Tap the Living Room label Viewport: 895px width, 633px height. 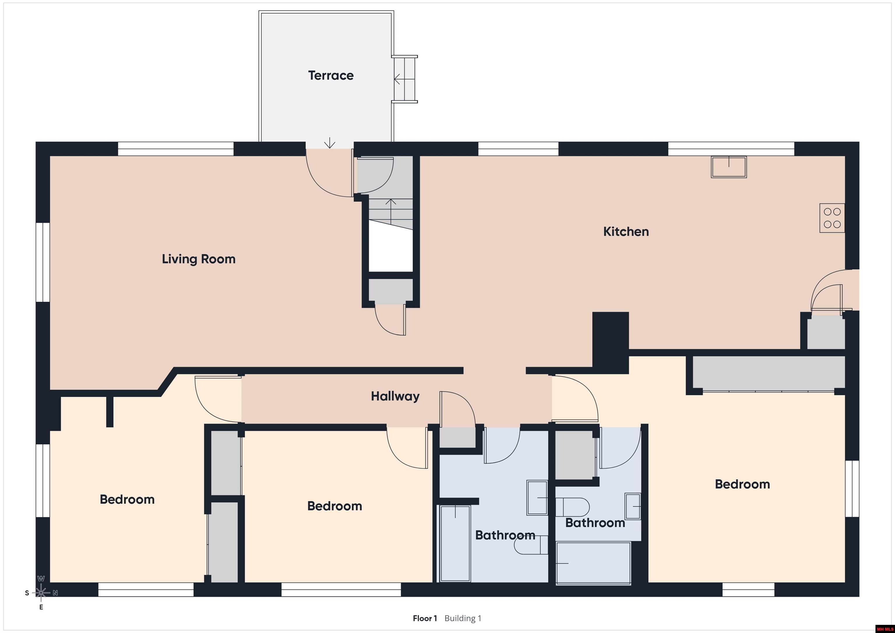(x=199, y=259)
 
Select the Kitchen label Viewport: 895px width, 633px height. (x=626, y=232)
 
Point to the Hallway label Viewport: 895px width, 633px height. (x=395, y=396)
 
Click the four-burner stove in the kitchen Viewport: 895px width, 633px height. (x=832, y=218)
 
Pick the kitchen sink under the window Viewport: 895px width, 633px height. (x=729, y=167)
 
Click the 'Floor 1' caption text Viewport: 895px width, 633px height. (x=425, y=618)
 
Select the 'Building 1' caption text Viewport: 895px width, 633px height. (x=463, y=618)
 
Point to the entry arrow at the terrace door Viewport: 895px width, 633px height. (x=330, y=143)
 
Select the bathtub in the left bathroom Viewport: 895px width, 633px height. (x=455, y=544)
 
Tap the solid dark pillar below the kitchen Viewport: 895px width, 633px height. (x=610, y=342)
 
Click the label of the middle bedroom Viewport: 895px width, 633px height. (x=334, y=506)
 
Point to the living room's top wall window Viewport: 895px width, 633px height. (x=176, y=149)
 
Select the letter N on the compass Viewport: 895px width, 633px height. (x=55, y=593)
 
